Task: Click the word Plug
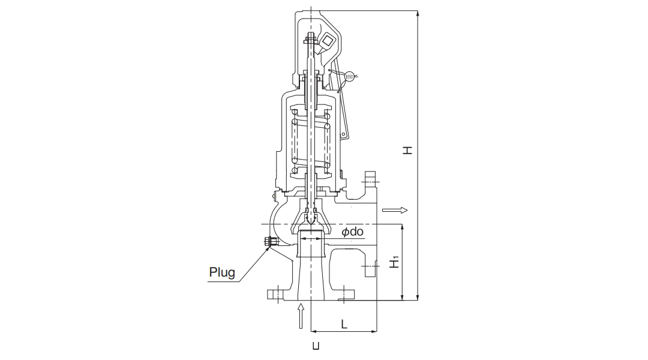click(222, 272)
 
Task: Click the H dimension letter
click(407, 149)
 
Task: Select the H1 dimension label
click(394, 262)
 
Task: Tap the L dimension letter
click(344, 324)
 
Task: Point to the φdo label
click(353, 232)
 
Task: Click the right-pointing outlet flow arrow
click(395, 210)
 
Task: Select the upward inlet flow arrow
click(302, 316)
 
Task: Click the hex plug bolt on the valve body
click(269, 242)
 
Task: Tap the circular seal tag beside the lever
click(350, 76)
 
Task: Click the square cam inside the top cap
click(327, 41)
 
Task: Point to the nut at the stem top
click(310, 41)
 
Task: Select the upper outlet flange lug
click(370, 178)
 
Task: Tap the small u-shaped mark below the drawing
click(316, 346)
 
